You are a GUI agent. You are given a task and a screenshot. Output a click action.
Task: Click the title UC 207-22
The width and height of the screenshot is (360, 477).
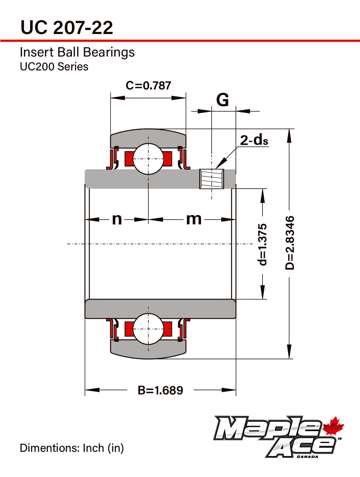67,28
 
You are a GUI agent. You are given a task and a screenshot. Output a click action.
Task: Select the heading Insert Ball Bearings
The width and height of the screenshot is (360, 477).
77,52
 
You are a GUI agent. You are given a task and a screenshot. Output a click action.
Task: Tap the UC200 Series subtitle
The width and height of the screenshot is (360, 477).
54,67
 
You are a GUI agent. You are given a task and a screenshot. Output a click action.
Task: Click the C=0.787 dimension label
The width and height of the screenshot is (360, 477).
148,85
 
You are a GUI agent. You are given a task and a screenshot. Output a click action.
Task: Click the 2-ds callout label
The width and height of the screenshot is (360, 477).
254,140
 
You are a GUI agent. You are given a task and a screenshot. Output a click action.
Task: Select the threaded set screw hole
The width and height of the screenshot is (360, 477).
212,179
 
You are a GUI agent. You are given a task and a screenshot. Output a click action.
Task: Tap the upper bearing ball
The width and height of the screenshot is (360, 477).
148,159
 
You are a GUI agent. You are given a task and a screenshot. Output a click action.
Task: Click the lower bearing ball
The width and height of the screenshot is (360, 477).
148,329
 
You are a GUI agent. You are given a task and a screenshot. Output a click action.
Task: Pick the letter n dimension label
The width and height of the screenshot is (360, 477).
117,219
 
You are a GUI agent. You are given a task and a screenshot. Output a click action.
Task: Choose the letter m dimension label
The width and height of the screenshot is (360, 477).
194,219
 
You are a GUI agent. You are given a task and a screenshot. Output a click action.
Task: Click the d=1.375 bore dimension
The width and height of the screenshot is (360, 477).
262,245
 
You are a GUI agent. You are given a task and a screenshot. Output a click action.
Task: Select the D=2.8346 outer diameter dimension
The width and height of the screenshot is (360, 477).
290,243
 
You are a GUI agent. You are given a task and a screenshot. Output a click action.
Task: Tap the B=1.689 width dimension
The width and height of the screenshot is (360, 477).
161,390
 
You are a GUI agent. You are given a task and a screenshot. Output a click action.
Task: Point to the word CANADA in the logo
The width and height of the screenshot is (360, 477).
307,457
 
